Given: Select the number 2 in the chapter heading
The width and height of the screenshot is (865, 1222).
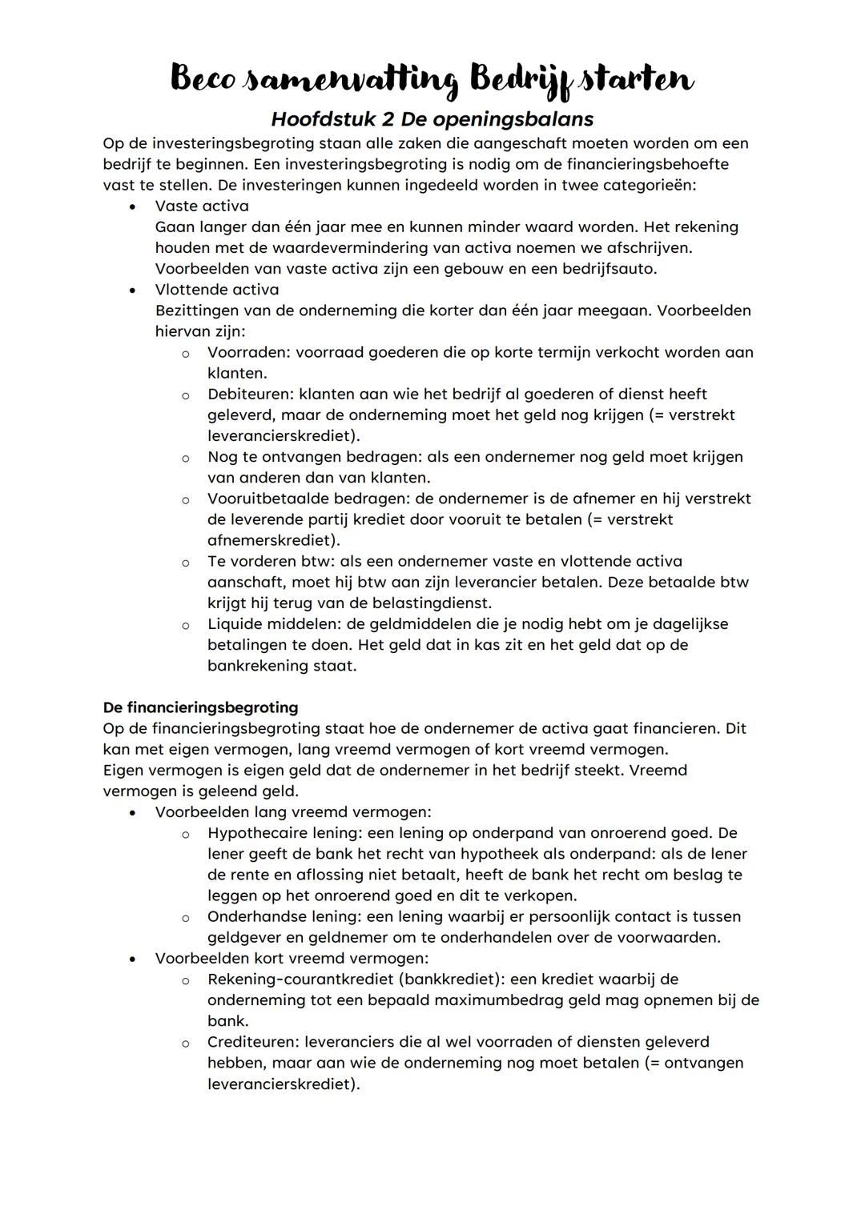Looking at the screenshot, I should (386, 119).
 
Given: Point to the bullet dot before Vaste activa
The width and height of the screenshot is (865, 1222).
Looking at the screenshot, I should (132, 206).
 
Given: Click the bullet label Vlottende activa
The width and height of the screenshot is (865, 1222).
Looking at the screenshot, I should (216, 289).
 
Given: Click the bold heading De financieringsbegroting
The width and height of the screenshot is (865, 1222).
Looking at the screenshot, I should (200, 707).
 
